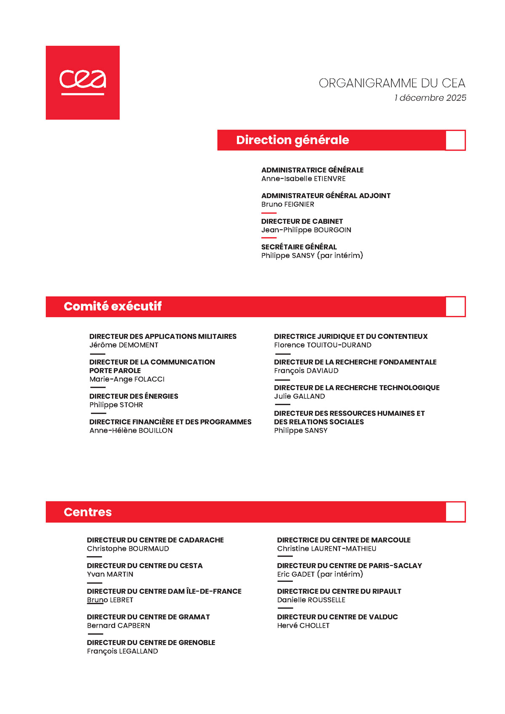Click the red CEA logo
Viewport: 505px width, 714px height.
[x=82, y=82]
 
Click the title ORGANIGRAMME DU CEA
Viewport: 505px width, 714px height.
[x=392, y=83]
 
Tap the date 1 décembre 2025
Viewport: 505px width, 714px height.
[x=430, y=98]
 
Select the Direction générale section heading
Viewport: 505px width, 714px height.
[x=292, y=140]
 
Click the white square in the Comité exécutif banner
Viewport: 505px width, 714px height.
[x=455, y=307]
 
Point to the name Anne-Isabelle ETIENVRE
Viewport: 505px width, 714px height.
[x=303, y=179]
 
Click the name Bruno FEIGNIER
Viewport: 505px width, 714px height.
[x=287, y=204]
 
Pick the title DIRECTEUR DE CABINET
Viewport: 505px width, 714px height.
[x=302, y=221]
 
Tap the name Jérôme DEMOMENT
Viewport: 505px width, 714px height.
[x=124, y=345]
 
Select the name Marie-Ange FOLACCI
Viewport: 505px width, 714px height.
[x=127, y=379]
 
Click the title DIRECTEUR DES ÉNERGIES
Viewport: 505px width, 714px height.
[x=133, y=396]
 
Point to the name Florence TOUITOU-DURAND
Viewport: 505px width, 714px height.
[x=322, y=345]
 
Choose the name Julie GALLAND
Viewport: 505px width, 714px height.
[x=299, y=396]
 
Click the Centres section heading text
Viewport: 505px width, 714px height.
[x=88, y=512]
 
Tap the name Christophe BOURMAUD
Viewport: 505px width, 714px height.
[x=128, y=549]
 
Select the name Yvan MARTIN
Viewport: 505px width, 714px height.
[x=110, y=574]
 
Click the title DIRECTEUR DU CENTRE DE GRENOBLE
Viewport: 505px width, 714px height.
[x=151, y=642]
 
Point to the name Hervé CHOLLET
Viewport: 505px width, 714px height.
[x=303, y=626]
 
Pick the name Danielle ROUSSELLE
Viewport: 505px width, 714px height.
[x=311, y=600]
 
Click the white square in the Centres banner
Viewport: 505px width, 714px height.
[x=455, y=512]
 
